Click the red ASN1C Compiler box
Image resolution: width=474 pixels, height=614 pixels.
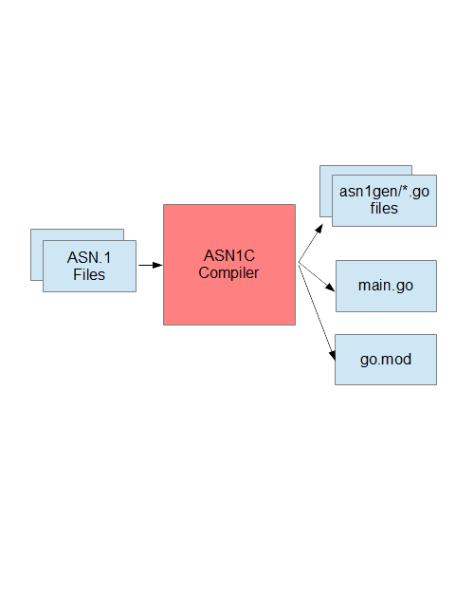[x=229, y=265]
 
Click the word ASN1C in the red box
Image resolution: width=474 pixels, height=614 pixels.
[x=229, y=255]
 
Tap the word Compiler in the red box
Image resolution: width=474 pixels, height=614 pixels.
[x=228, y=273]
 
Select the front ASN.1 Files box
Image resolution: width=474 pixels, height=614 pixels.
[x=89, y=267]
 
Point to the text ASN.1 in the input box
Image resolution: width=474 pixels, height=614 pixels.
[x=89, y=258]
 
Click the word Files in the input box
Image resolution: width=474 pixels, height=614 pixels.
[x=89, y=274]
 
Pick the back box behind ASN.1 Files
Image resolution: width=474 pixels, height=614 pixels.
[x=37, y=254]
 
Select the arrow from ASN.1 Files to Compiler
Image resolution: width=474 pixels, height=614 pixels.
[x=150, y=265]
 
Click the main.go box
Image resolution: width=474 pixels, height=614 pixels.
[x=386, y=286]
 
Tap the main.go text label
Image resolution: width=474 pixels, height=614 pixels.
[x=386, y=286]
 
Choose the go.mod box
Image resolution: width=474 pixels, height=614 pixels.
[x=386, y=360]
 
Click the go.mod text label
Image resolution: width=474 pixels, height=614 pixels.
[x=386, y=360]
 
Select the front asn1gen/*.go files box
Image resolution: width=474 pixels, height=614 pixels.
[x=384, y=200]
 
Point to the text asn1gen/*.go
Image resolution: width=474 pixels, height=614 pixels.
[x=384, y=192]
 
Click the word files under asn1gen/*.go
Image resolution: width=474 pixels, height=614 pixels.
[x=384, y=209]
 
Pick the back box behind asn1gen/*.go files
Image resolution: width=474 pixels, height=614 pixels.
[x=326, y=191]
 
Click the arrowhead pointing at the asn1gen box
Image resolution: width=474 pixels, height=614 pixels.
[x=319, y=229]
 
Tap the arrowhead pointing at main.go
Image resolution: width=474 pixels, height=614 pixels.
[x=330, y=287]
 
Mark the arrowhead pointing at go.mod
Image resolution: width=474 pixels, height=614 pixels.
[x=333, y=354]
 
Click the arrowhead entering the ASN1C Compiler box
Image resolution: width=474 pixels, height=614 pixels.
[x=157, y=265]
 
